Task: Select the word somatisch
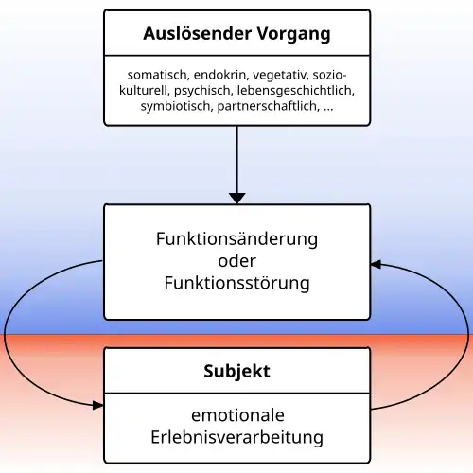[157, 75]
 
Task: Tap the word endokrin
[223, 75]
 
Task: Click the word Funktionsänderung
[236, 238]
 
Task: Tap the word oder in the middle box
[236, 260]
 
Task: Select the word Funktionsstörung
[236, 283]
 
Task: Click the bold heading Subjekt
[236, 372]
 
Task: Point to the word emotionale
[236, 415]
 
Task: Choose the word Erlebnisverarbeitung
[236, 438]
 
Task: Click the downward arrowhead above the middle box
[236, 197]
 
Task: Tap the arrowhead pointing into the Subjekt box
[97, 405]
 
